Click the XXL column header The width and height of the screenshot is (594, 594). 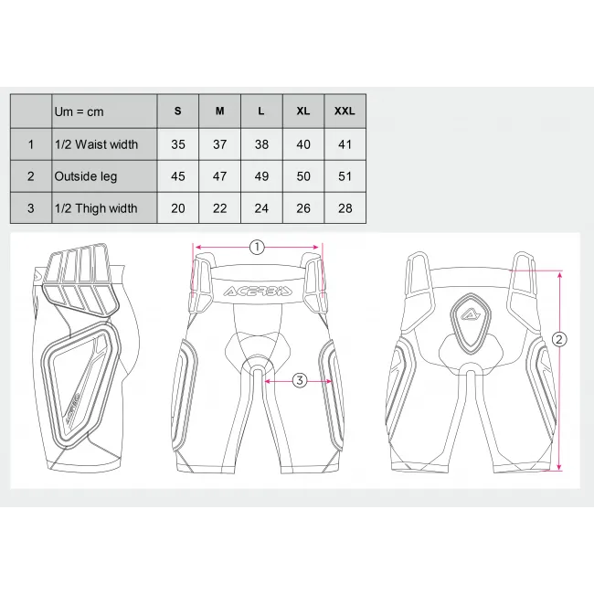345,111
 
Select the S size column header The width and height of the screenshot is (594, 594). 177,111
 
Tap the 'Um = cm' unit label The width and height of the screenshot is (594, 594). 79,111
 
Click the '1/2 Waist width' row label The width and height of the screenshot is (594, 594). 96,144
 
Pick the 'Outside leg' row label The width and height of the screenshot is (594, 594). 86,176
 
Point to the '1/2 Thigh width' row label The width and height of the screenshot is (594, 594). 96,208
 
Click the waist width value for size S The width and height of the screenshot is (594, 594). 178,144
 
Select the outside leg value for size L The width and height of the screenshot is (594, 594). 261,176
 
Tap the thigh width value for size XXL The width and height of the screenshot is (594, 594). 345,208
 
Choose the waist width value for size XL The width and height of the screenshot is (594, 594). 303,144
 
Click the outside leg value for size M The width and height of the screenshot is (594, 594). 219,176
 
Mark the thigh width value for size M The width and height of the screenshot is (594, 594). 219,208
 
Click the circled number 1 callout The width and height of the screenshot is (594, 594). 257,248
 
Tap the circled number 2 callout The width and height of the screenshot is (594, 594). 559,339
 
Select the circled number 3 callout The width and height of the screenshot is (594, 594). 300,380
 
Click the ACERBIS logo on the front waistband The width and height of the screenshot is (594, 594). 258,291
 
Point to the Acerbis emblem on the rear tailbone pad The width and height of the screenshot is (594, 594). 471,315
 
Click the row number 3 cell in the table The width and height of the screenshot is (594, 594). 31,208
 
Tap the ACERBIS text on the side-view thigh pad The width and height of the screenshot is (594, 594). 72,408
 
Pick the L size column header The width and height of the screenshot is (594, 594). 261,111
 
